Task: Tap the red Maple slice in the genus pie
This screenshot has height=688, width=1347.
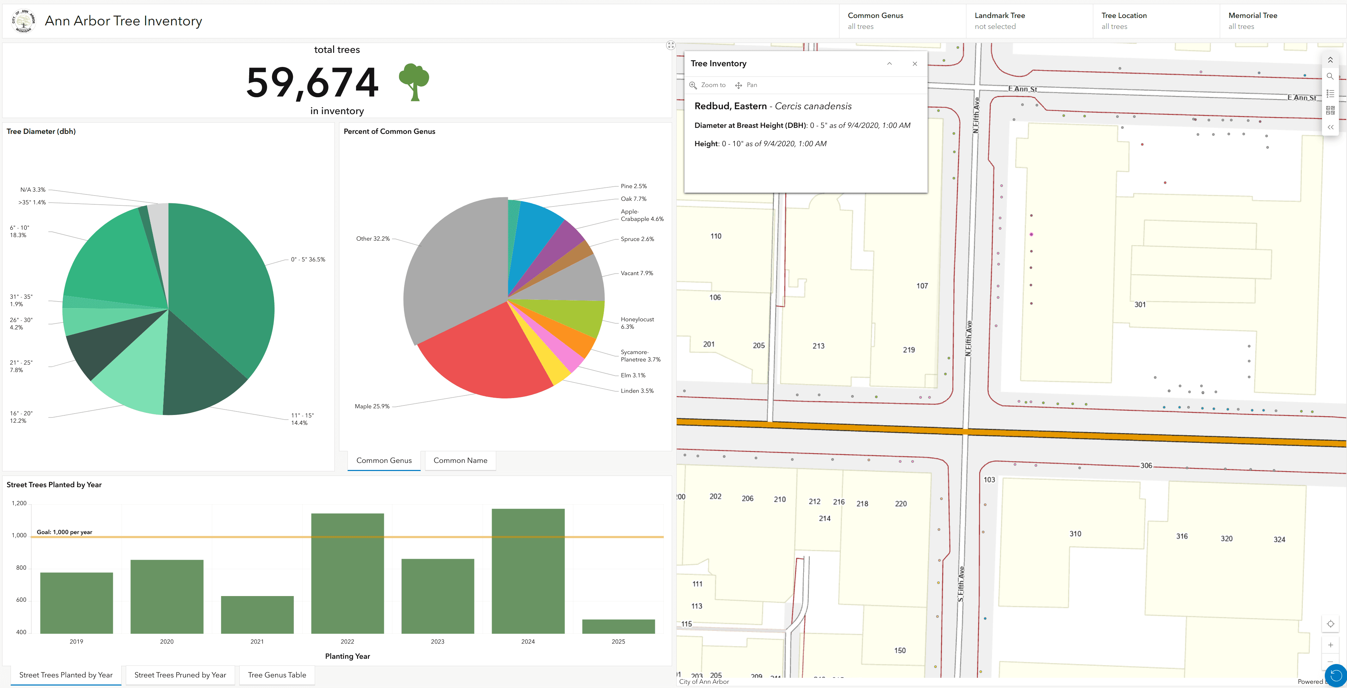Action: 486,355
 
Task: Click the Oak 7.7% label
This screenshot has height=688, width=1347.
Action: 633,199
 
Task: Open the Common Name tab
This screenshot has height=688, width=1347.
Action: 460,460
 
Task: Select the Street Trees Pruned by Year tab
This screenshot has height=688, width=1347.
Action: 180,675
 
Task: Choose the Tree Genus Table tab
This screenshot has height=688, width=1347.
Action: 277,675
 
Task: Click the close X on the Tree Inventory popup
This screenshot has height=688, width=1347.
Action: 915,64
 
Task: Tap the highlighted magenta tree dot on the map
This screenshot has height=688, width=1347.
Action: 1031,234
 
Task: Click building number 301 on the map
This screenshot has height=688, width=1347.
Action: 1140,305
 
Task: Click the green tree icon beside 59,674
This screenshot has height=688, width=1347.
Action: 414,82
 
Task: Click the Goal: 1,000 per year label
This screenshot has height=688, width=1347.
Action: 64,532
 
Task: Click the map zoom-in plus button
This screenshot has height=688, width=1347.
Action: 1330,645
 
